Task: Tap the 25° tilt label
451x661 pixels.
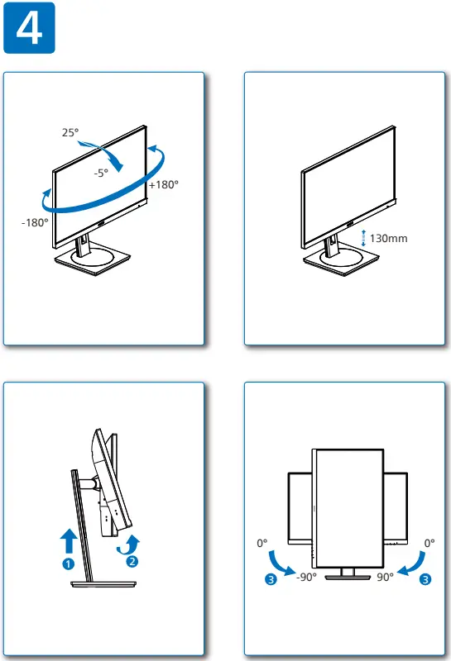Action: [70, 132]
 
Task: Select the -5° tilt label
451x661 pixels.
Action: [100, 173]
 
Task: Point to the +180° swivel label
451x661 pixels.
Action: [164, 185]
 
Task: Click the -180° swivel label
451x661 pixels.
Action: [36, 222]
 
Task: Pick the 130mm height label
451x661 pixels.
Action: [388, 238]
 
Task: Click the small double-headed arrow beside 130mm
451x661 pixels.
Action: [363, 238]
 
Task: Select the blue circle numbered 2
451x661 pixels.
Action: [131, 562]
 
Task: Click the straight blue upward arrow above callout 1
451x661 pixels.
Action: [70, 542]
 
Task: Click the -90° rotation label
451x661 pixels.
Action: [306, 578]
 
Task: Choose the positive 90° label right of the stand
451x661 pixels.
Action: [386, 578]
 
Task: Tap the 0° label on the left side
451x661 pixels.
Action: [263, 544]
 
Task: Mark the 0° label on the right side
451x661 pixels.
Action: [429, 544]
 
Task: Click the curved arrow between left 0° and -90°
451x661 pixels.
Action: [282, 564]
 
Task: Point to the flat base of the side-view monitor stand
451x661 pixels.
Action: [103, 584]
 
